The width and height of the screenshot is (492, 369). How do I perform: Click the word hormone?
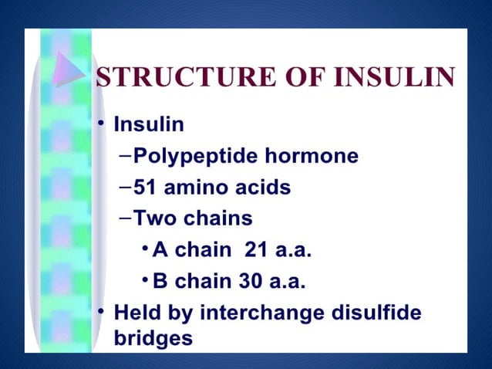(x=312, y=157)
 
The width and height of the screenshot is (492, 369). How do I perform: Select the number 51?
(x=145, y=188)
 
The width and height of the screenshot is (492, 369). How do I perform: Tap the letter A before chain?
(x=160, y=250)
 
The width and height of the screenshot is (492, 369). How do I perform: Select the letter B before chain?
(x=160, y=281)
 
